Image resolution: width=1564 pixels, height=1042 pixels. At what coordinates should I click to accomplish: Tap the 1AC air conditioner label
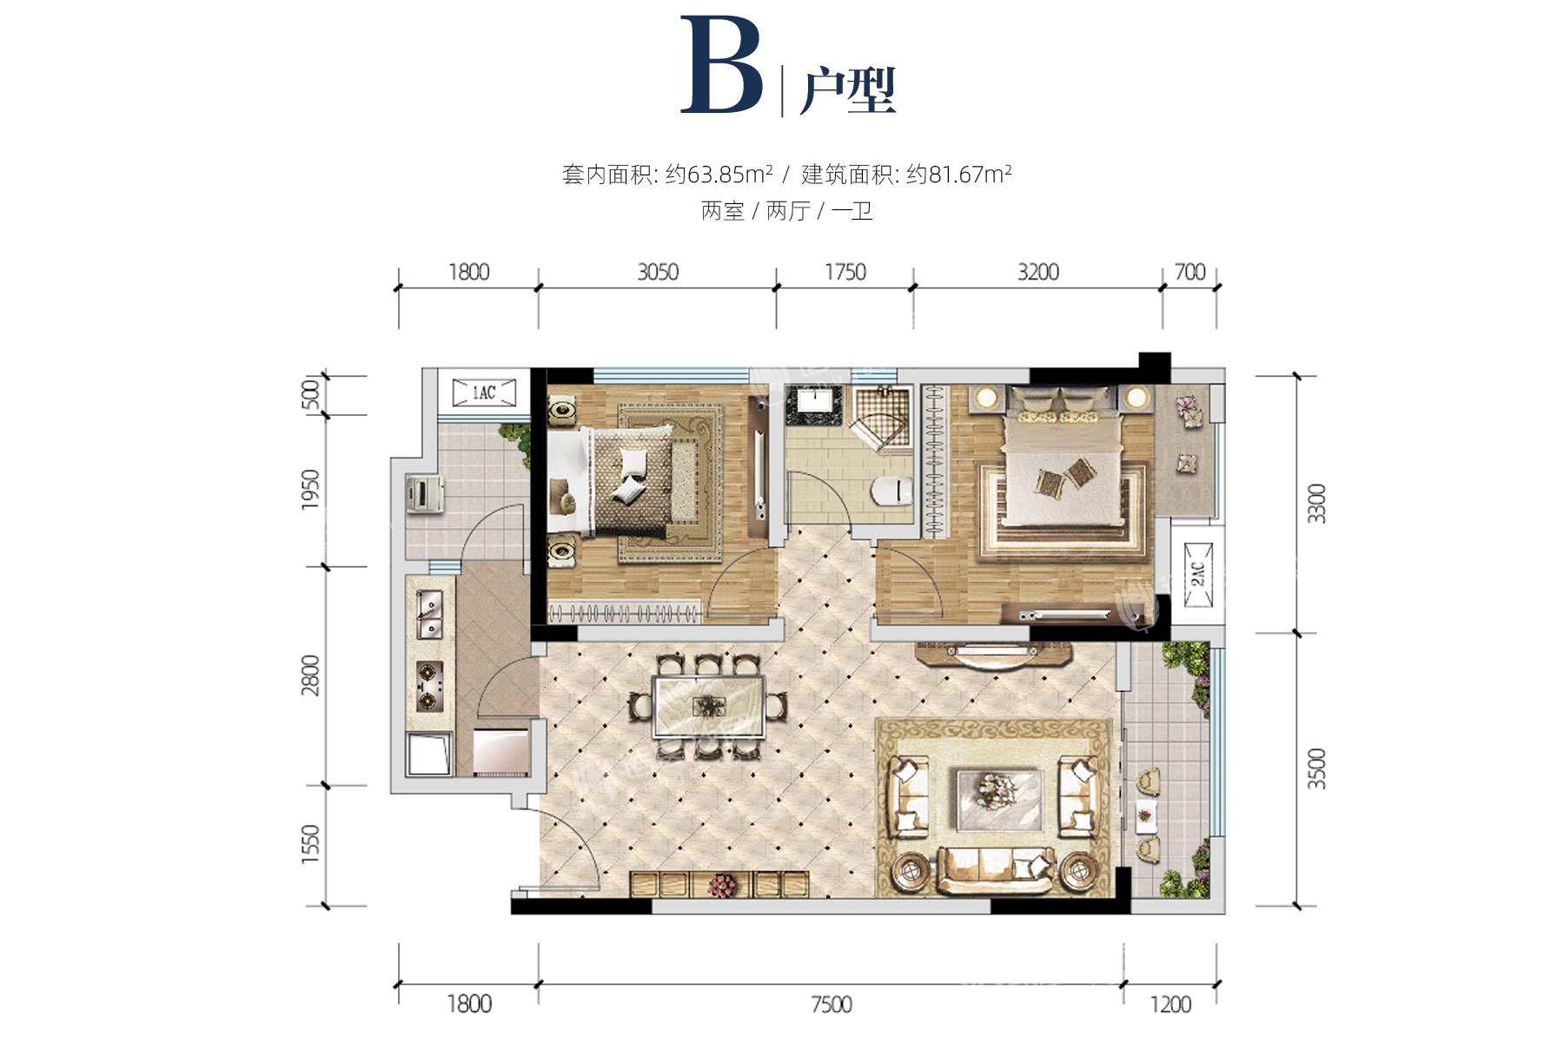[x=484, y=392]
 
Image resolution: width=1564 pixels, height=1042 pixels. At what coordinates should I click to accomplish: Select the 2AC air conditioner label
[x=1197, y=572]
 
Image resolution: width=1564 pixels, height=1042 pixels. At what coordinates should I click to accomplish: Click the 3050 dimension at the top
[x=658, y=272]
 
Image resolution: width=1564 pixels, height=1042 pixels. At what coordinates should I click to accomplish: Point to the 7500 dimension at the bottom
[x=832, y=1005]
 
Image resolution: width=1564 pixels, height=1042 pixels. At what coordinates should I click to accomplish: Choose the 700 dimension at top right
[x=1190, y=272]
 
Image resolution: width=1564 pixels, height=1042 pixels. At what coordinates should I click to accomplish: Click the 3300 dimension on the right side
[x=1318, y=504]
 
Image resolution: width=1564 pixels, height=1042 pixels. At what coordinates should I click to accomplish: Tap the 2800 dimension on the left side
[x=310, y=676]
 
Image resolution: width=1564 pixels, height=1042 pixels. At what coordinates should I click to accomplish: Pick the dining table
[x=709, y=706]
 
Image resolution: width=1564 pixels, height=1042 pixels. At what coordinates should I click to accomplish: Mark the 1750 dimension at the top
[x=845, y=272]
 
